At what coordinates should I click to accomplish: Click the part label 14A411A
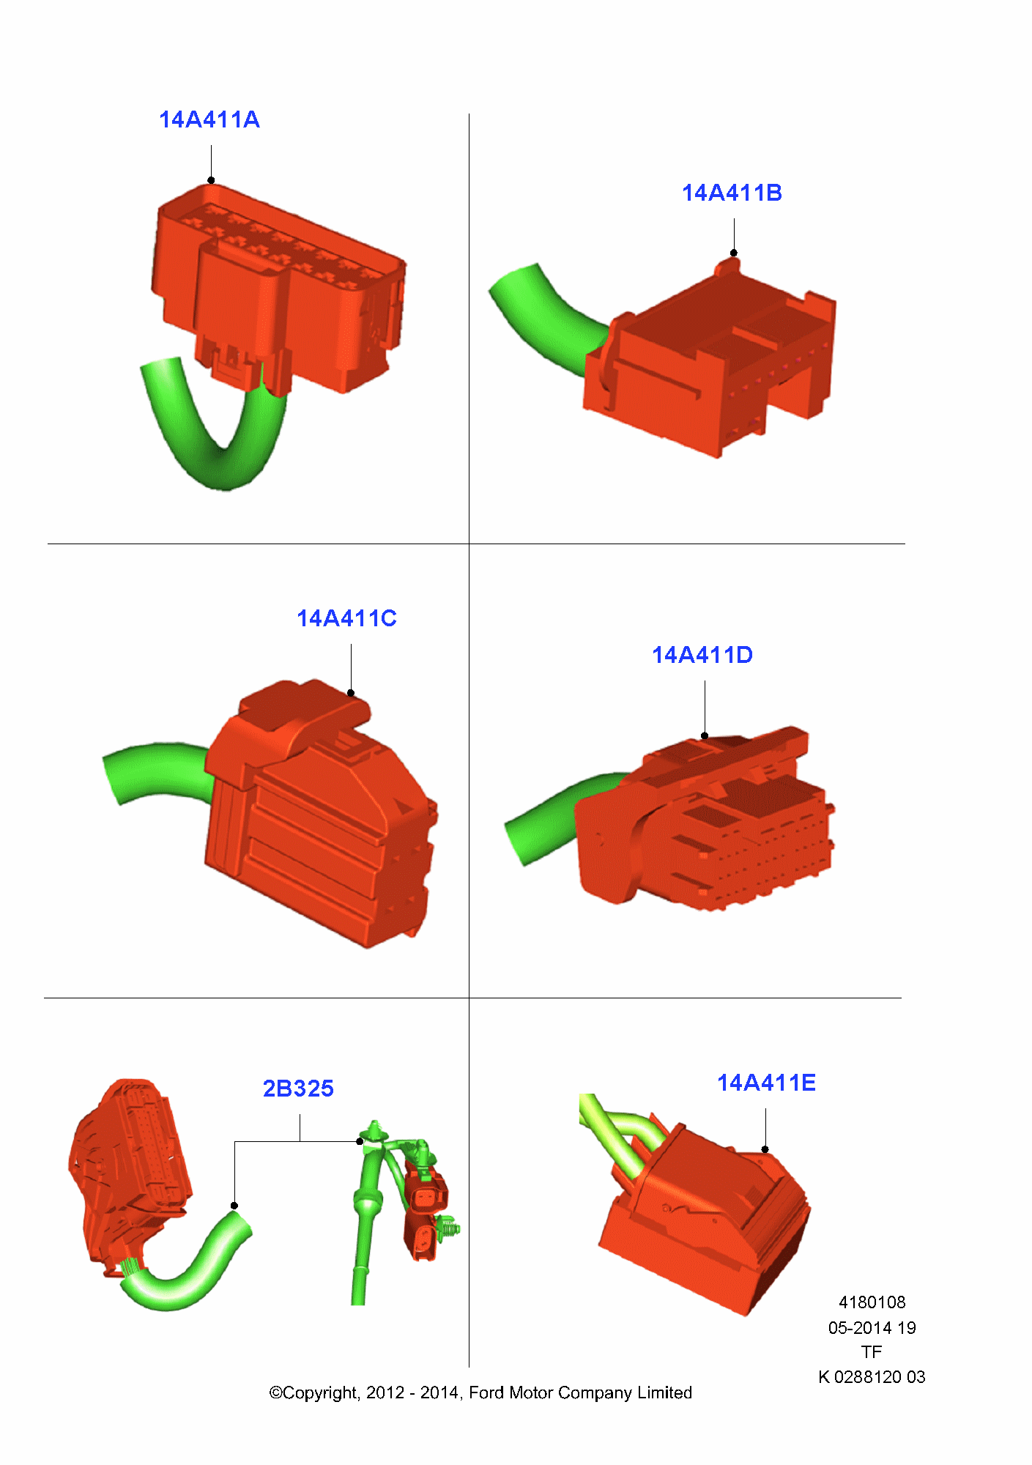pyautogui.click(x=209, y=119)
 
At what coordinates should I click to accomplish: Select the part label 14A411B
pyautogui.click(x=732, y=193)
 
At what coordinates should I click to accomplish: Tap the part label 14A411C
pyautogui.click(x=346, y=618)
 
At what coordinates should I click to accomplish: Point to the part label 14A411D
pyautogui.click(x=702, y=655)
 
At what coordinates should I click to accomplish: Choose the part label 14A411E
pyautogui.click(x=766, y=1083)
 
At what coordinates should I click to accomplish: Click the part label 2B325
pyautogui.click(x=298, y=1088)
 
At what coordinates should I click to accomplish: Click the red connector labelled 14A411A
pyautogui.click(x=278, y=289)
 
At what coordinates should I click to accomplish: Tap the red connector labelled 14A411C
pyautogui.click(x=322, y=813)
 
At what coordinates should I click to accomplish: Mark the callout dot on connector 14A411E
pyautogui.click(x=765, y=1149)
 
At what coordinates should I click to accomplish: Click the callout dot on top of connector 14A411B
pyautogui.click(x=734, y=253)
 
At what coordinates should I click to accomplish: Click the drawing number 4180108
pyautogui.click(x=872, y=1302)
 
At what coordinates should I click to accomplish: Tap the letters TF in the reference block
pyautogui.click(x=872, y=1352)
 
